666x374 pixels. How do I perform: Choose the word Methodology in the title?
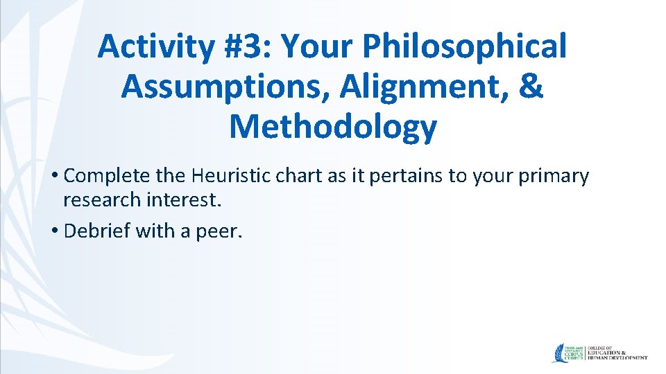pos(333,127)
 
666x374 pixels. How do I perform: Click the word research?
pos(102,200)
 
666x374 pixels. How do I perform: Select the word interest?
pos(185,200)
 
